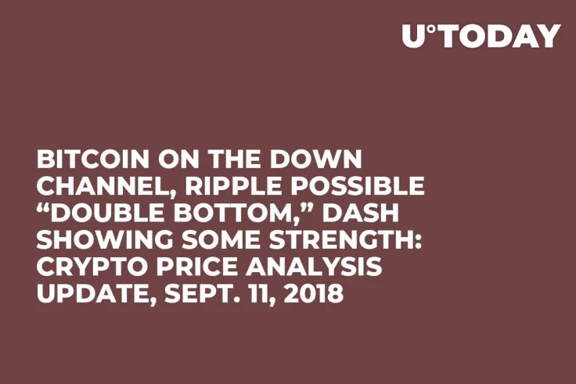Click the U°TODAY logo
click(481, 36)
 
